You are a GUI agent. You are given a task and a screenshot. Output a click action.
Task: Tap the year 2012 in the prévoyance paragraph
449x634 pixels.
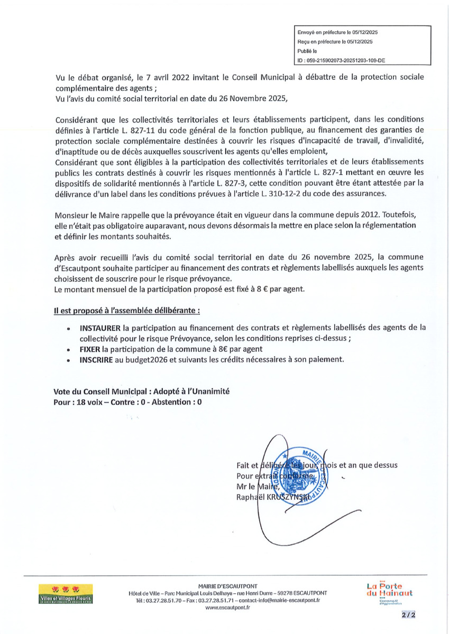pyautogui.click(x=350, y=215)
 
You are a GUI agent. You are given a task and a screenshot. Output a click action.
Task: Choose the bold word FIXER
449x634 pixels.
pyautogui.click(x=90, y=349)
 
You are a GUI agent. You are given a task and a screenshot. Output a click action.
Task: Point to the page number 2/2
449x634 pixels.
pyautogui.click(x=408, y=615)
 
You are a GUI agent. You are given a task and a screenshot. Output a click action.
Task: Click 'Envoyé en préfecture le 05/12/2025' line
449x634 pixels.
pyautogui.click(x=337, y=32)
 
